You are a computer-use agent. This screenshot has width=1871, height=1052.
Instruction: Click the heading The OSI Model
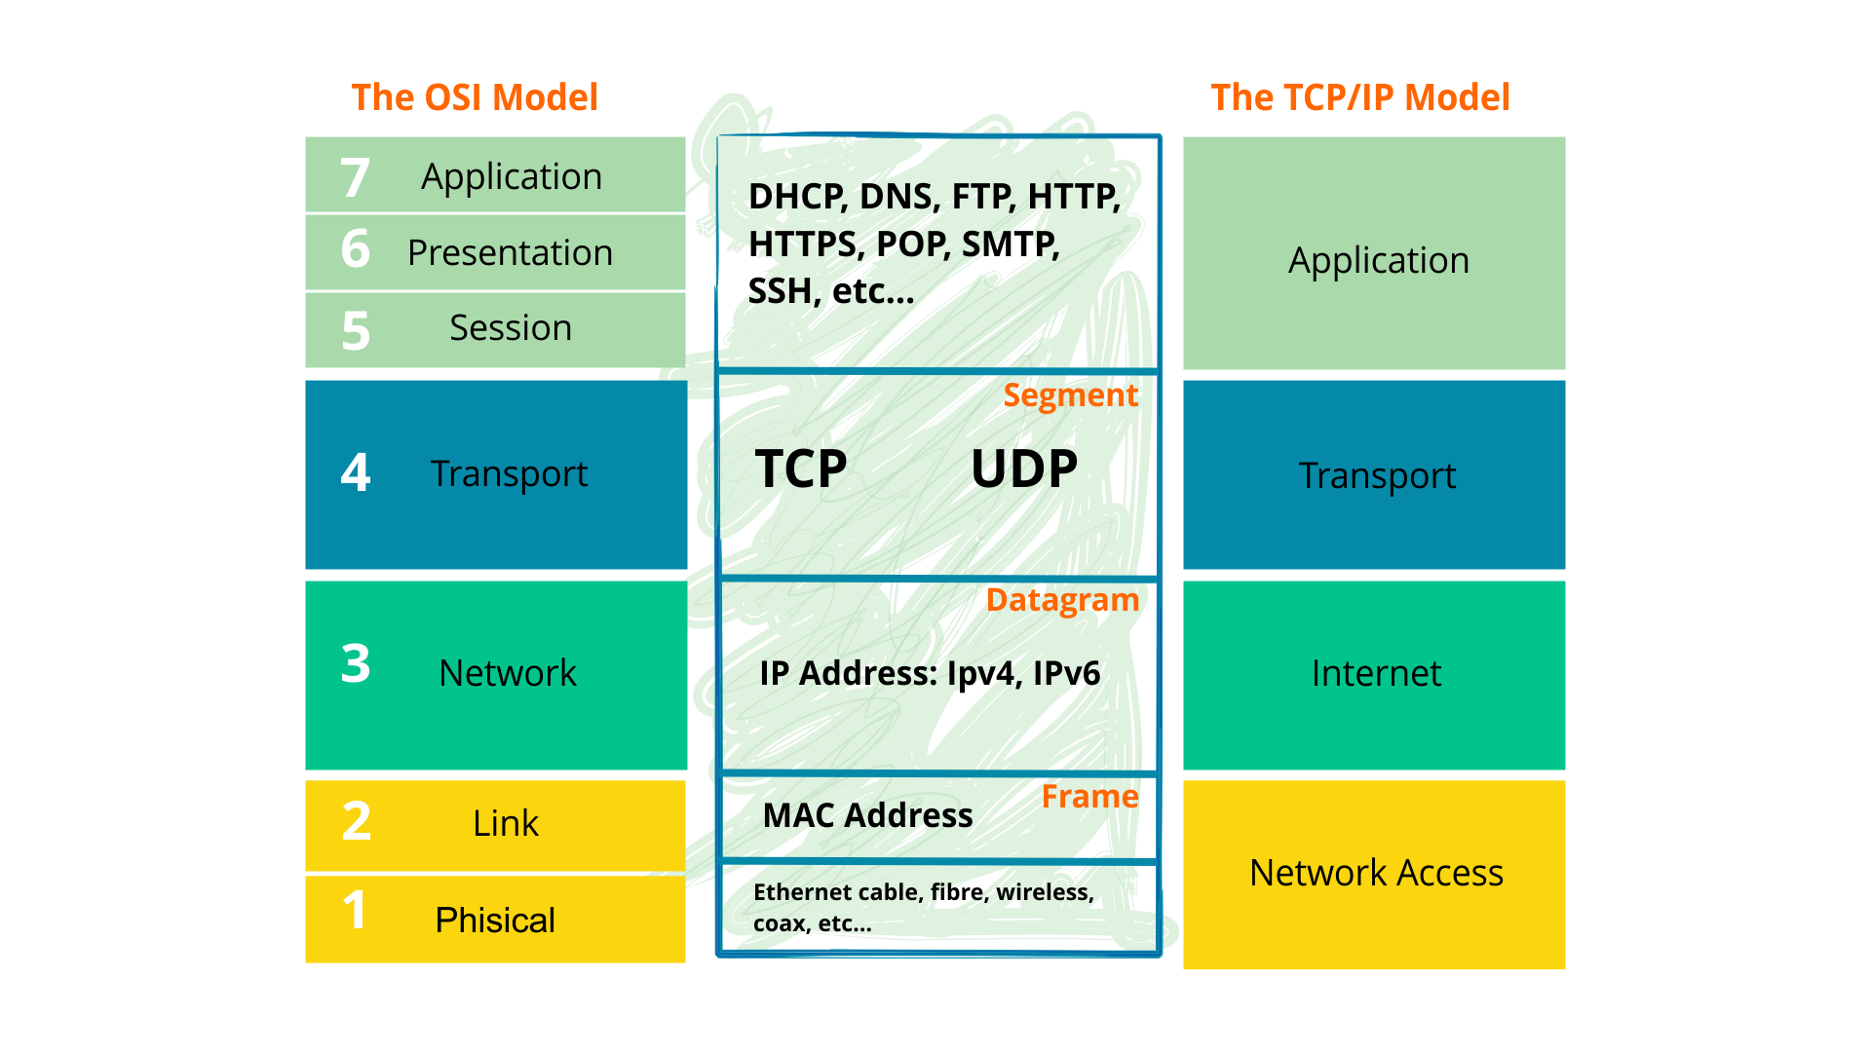click(475, 97)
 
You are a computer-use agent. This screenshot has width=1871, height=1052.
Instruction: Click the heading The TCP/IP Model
click(1359, 97)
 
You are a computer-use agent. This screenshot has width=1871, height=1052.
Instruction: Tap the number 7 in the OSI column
click(355, 178)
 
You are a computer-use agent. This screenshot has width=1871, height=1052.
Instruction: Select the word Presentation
click(510, 253)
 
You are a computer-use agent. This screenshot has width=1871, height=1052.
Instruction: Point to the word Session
click(510, 328)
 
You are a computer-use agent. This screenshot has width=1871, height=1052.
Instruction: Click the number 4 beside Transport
click(355, 473)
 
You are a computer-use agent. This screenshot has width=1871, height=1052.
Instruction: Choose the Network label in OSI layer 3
click(507, 673)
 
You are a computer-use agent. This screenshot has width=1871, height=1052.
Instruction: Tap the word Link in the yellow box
click(505, 824)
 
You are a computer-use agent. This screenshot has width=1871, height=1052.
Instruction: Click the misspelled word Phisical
click(494, 920)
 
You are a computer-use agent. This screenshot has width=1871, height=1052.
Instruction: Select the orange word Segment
click(1070, 395)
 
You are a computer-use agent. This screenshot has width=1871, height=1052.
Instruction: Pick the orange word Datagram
click(1062, 600)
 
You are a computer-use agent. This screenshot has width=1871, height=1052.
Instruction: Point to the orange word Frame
click(1089, 797)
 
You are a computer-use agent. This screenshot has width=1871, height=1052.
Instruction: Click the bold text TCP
click(801, 470)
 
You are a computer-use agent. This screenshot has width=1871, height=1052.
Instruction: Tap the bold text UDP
click(1024, 470)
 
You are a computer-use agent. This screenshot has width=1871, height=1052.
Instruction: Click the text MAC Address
click(867, 815)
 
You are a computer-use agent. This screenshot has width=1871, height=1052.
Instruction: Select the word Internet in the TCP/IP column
click(1375, 674)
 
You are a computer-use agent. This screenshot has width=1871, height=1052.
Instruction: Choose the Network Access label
click(1375, 873)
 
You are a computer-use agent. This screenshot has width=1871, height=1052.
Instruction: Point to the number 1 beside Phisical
click(355, 911)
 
